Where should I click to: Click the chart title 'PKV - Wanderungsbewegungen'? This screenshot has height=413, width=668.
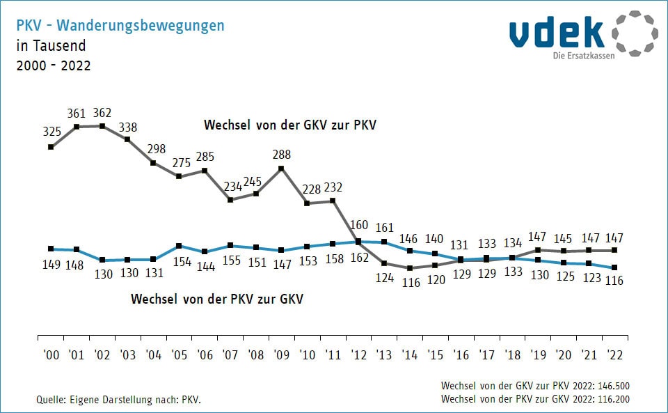point(120,26)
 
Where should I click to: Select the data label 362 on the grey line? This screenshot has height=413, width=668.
point(102,113)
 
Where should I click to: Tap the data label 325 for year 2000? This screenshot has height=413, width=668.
point(51,131)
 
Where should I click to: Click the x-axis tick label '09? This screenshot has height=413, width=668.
point(281,354)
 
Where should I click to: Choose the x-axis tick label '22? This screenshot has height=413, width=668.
point(614,354)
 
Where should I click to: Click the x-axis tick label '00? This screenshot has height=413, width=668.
point(51,354)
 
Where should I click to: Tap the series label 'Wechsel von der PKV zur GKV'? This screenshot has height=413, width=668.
point(217,299)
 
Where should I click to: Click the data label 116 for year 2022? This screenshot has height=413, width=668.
point(614,281)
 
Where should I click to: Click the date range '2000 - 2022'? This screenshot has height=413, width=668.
point(53,66)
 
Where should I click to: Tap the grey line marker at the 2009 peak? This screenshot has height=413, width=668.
point(281,168)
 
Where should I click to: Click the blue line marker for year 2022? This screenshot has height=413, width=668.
point(614,267)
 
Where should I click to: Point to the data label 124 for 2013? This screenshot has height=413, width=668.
point(383,277)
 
